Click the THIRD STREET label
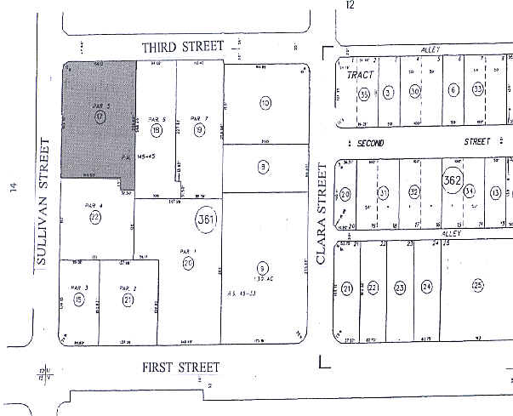(x=183, y=47)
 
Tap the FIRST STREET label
(x=180, y=367)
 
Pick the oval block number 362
(x=452, y=181)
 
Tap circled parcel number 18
(x=157, y=130)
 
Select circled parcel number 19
(x=199, y=130)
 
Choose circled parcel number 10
(x=265, y=103)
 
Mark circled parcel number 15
(x=79, y=299)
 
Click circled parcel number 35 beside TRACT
(x=363, y=94)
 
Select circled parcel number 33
(x=479, y=89)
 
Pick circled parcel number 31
(x=384, y=194)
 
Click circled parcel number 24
(x=427, y=287)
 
